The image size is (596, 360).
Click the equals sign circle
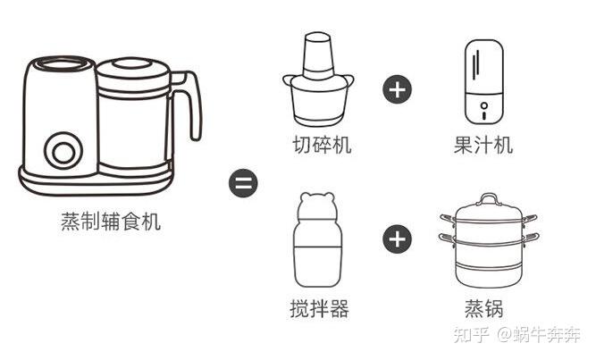coord(243,183)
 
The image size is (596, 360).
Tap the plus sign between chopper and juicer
coord(398,89)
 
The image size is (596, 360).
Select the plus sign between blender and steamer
coord(398,239)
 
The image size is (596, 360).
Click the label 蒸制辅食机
coord(111,222)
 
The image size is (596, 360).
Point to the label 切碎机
coord(322,145)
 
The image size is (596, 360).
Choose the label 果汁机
coord(483,145)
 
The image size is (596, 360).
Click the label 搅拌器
coord(319,308)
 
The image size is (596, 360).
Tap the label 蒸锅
coord(484,308)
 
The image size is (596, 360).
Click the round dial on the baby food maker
coord(63,151)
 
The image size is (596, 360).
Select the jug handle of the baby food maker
coord(189,103)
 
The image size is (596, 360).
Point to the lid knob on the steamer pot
coord(489,199)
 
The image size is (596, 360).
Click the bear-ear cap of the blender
coord(317,206)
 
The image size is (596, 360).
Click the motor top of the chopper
coord(317,56)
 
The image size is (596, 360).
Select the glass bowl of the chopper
coord(318,101)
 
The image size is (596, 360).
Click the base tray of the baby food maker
coord(97,181)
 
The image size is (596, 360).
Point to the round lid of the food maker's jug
coord(132,69)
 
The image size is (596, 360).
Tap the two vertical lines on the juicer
coord(476,64)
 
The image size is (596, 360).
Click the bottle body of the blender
coord(318,254)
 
